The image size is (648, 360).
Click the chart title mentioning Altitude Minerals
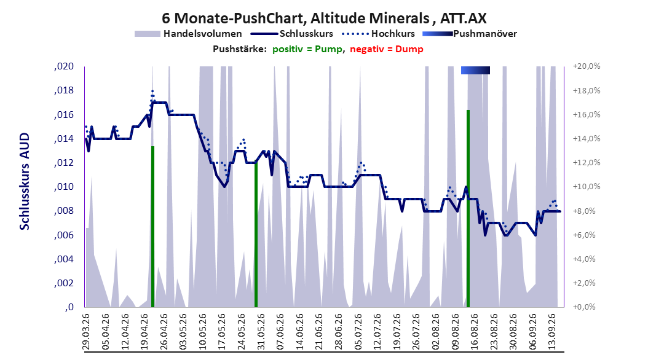324,18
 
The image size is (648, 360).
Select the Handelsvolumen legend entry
188,34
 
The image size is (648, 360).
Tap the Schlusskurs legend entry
292,34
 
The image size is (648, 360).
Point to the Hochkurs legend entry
378,34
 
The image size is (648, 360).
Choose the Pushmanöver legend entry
470,34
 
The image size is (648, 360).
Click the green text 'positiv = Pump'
307,49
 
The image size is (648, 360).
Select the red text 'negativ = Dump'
387,49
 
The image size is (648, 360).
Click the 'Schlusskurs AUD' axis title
25,181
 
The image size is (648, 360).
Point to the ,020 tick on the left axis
64,66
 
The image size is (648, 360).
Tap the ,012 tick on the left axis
64,163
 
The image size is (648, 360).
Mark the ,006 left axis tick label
64,235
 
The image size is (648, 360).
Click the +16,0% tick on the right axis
587,115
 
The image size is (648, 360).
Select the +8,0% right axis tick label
587,211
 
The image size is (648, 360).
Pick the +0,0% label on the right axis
587,307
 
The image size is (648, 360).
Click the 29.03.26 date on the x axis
86,332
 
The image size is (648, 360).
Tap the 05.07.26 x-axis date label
358,332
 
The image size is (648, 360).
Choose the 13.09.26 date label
551,332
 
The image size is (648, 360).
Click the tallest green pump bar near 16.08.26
468,208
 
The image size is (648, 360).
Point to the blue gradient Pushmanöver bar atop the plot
475,70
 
